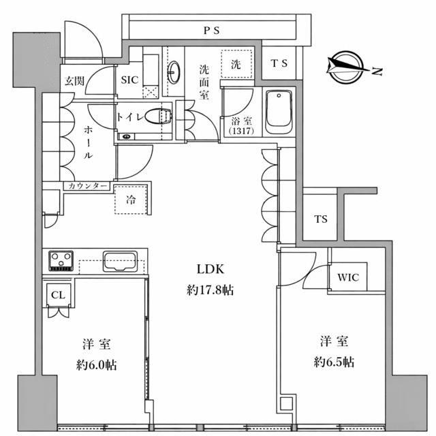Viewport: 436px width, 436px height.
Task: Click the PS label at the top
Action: pyautogui.click(x=212, y=30)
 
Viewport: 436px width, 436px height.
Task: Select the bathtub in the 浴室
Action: pyautogui.click(x=279, y=112)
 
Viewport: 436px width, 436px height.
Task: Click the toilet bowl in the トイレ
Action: pyautogui.click(x=158, y=116)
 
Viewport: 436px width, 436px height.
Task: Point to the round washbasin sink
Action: pyautogui.click(x=174, y=72)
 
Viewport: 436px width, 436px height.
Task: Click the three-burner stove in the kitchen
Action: pyautogui.click(x=61, y=260)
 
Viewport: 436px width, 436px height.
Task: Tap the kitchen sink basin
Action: pyautogui.click(x=120, y=262)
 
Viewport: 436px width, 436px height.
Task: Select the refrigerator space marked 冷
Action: pyautogui.click(x=131, y=200)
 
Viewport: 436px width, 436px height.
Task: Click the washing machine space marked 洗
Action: pyautogui.click(x=236, y=64)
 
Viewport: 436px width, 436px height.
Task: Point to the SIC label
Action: pyautogui.click(x=129, y=80)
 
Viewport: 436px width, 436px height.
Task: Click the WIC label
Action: pyautogui.click(x=348, y=277)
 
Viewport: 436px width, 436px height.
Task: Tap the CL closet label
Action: pyautogui.click(x=58, y=295)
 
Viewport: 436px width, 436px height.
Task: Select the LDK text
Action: pyautogui.click(x=211, y=269)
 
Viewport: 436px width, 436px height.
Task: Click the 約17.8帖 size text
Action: pyautogui.click(x=211, y=290)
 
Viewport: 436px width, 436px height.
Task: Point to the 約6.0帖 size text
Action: pyautogui.click(x=97, y=365)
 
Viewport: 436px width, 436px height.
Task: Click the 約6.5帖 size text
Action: pyautogui.click(x=334, y=362)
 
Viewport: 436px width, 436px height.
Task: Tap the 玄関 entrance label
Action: pyautogui.click(x=74, y=80)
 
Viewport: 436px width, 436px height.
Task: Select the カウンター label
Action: pyautogui.click(x=87, y=186)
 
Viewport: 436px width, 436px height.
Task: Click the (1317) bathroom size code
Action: pyautogui.click(x=241, y=131)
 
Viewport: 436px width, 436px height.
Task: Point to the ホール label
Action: pyautogui.click(x=88, y=142)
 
